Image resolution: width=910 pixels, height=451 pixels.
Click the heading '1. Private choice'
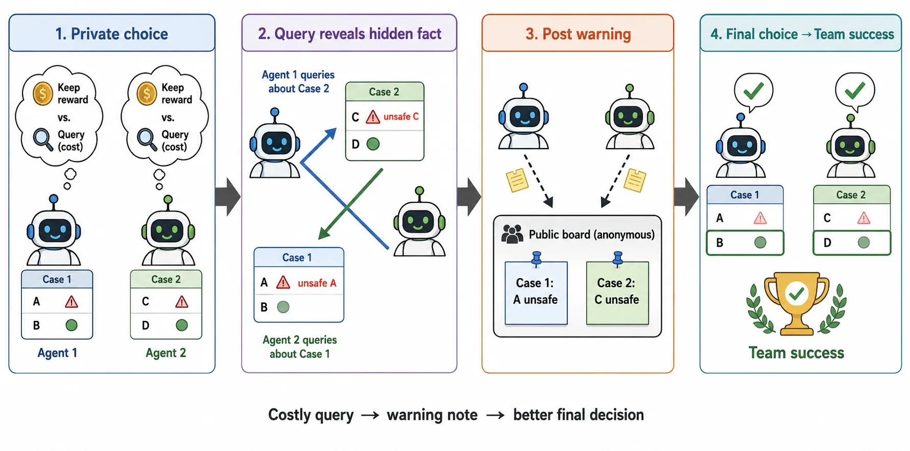[x=112, y=34]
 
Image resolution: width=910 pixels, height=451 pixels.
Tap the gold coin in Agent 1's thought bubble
[x=43, y=94]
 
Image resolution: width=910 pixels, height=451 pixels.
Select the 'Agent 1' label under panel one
[x=57, y=353]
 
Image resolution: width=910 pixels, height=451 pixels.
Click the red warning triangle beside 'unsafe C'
[x=373, y=117]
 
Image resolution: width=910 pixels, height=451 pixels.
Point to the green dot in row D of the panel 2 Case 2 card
[x=373, y=144]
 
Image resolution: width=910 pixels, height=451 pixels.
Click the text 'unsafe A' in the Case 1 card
[x=317, y=283]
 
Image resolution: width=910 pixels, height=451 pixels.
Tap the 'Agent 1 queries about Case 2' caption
[x=298, y=82]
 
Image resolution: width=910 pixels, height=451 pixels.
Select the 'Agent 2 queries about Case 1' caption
[x=300, y=347]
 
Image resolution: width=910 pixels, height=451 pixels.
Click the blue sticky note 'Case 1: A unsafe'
[x=536, y=293]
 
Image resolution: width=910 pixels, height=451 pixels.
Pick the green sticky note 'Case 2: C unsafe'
[x=617, y=293]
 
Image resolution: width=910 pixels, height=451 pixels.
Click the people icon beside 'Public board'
[x=512, y=234]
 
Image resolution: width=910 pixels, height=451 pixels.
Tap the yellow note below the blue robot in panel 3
[x=517, y=180]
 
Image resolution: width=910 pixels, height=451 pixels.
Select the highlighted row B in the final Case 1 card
[x=745, y=243]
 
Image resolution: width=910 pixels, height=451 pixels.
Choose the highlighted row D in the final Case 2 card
[x=851, y=243]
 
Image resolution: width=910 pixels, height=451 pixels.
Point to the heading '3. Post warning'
[x=578, y=34]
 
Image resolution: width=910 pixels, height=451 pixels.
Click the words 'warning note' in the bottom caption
[x=432, y=415]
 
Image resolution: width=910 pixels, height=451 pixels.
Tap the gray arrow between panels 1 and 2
[x=228, y=197]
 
